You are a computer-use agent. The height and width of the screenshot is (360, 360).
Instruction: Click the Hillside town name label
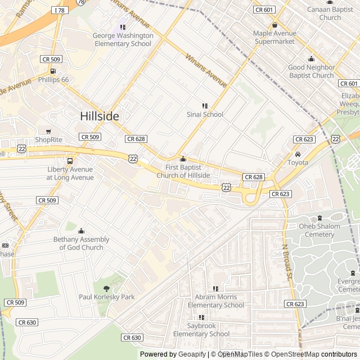(x=100, y=116)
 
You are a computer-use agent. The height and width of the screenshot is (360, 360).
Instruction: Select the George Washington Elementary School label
(x=123, y=39)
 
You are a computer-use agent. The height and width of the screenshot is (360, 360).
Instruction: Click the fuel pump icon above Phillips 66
(x=53, y=71)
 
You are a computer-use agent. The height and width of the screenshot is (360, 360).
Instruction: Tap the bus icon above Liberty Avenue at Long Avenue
(x=70, y=161)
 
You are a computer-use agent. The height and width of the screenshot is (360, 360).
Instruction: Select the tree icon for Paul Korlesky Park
(x=106, y=289)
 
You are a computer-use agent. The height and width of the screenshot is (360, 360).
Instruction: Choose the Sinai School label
(x=205, y=115)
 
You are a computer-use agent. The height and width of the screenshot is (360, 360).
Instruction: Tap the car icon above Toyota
(x=298, y=155)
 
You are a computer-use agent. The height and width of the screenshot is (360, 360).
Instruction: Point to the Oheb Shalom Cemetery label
(x=319, y=231)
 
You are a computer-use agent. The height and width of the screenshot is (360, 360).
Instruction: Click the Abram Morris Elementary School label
(x=216, y=301)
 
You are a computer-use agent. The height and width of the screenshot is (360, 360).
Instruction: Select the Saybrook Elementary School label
(x=201, y=330)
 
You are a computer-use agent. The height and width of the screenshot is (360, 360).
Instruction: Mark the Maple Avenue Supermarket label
(x=274, y=38)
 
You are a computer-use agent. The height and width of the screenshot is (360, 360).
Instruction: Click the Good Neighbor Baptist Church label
(x=311, y=71)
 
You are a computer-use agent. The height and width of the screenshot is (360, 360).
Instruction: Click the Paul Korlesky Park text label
(x=106, y=297)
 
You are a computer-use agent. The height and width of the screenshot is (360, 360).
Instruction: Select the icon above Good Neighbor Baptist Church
(x=311, y=59)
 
